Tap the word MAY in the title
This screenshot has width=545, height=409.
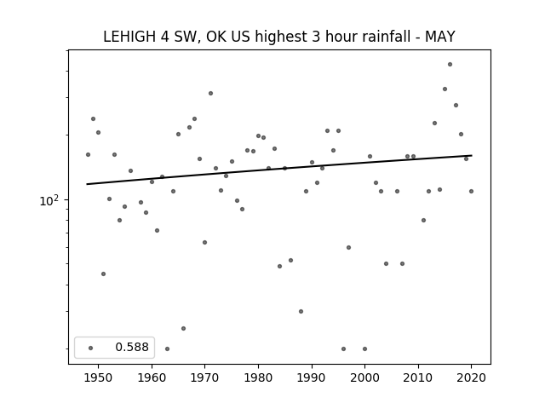pos(439,37)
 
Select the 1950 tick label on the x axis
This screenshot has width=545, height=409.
pos(99,377)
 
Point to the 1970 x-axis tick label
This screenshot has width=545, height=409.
pos(204,377)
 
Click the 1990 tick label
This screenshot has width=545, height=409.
pos(312,377)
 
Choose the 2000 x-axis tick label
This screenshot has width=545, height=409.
pos(364,377)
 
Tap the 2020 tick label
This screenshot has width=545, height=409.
pos(471,377)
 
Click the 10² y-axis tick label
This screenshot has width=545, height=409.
pos(49,200)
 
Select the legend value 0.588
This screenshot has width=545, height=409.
pos(132,347)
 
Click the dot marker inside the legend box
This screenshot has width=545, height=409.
pos(90,348)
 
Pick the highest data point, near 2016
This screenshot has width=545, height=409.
pos(450,65)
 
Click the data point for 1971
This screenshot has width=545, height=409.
pos(210,93)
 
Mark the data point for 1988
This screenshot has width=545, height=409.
pos(301,311)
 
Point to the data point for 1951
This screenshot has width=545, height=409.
pos(103,274)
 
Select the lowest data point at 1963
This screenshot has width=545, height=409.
pos(167,349)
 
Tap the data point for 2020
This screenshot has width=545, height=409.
pos(471,191)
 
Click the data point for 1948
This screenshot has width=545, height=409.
pos(88,154)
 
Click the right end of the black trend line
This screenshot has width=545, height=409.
pos(472,155)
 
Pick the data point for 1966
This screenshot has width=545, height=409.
pos(184,328)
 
